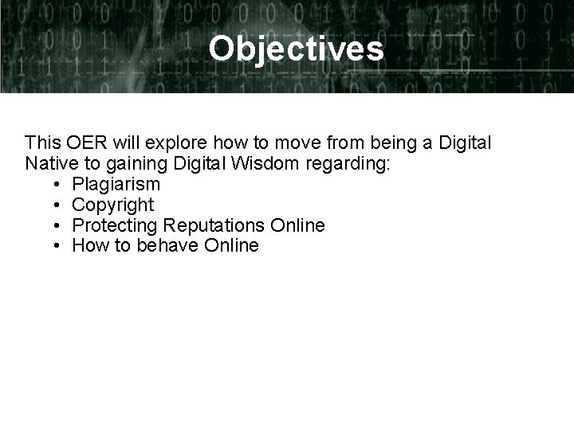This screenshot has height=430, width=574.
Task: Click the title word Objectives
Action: (296, 49)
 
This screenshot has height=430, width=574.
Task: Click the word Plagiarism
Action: (116, 185)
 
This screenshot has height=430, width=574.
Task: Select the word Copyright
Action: (112, 205)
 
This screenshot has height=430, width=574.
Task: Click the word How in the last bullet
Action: (90, 245)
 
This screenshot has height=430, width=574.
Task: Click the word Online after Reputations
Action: (297, 225)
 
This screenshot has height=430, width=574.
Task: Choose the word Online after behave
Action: (231, 245)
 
